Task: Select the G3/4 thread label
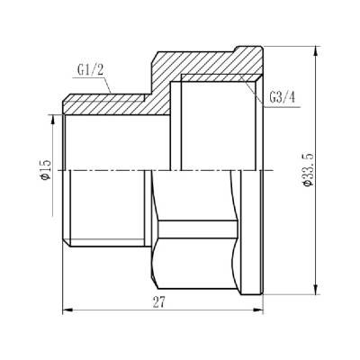click(x=281, y=98)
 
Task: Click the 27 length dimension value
click(x=159, y=305)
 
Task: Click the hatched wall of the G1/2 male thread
click(x=108, y=104)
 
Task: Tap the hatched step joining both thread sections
click(x=166, y=81)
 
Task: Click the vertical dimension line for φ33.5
click(x=316, y=225)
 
